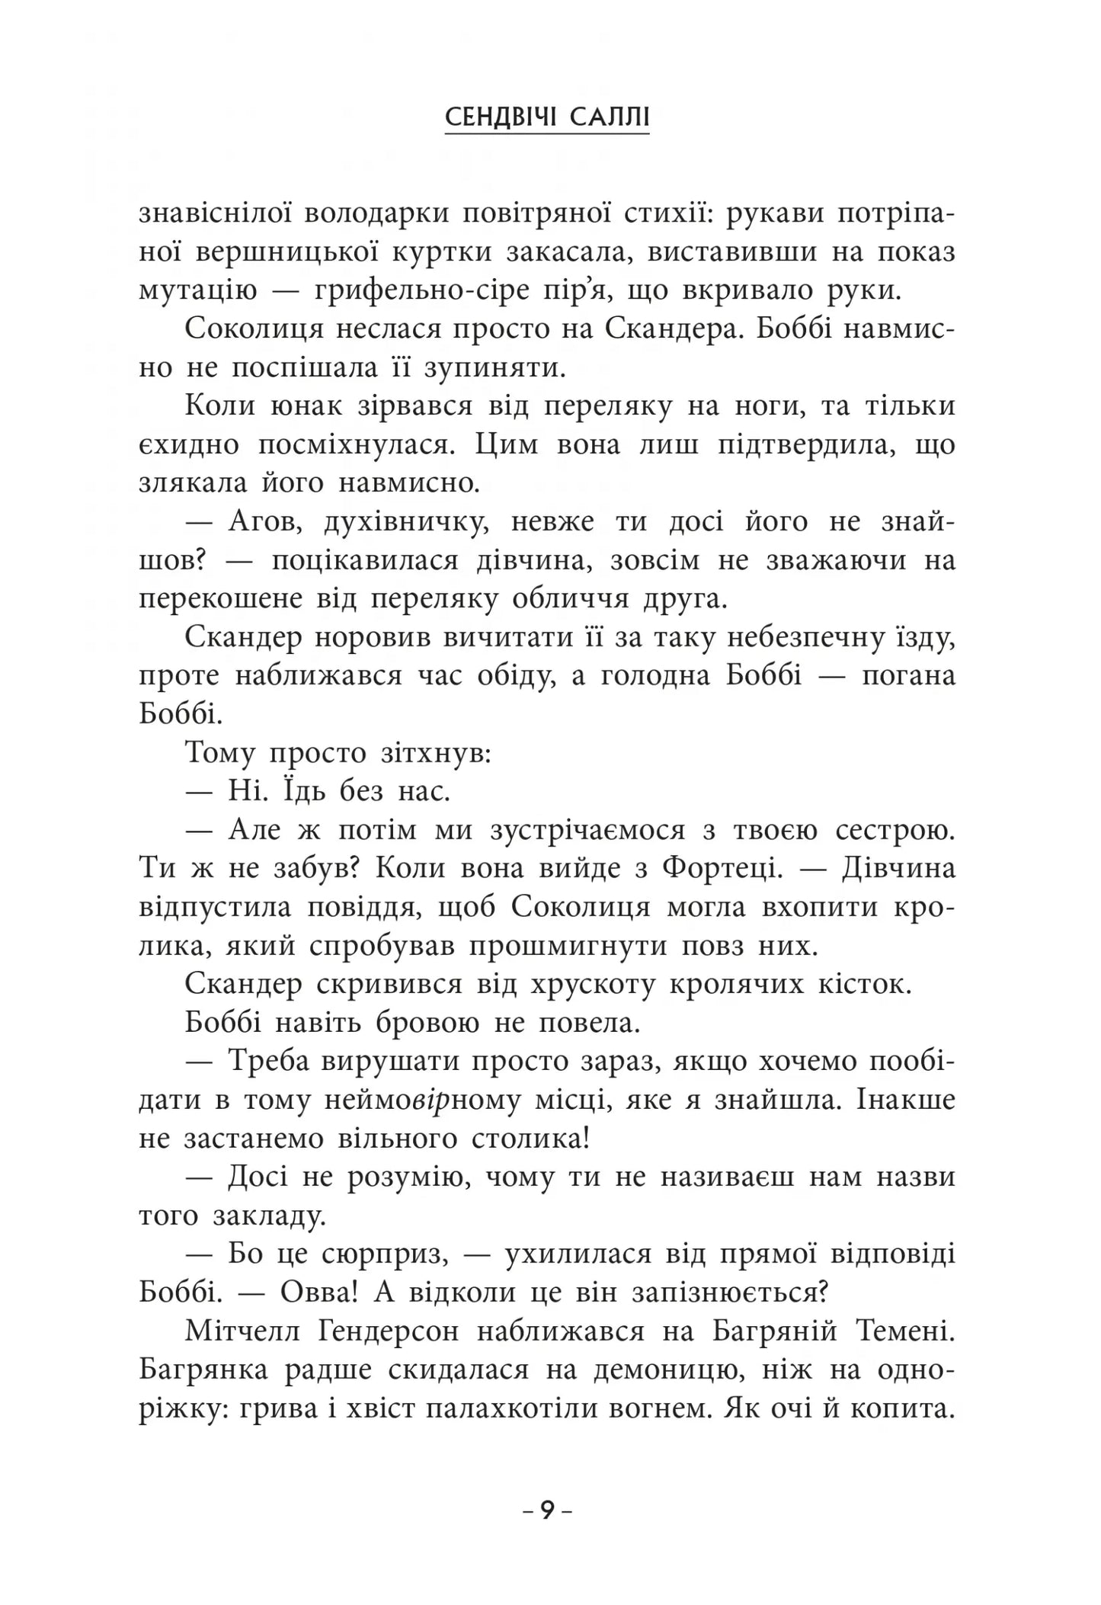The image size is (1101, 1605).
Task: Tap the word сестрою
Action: click(895, 829)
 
